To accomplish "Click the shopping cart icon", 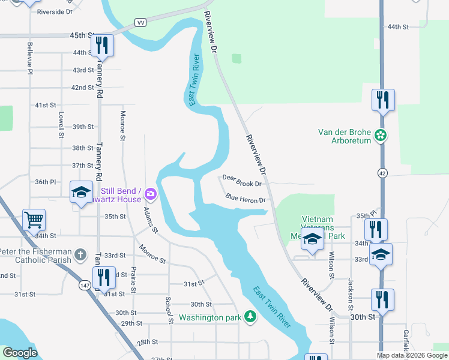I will click(x=34, y=219).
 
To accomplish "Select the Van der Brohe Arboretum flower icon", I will click(x=380, y=136).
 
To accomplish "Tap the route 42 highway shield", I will click(x=382, y=173).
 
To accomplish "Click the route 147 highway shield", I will click(x=86, y=286).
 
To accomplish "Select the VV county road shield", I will click(x=141, y=22).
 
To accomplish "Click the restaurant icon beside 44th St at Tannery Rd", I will click(x=102, y=46).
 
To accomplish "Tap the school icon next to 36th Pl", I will click(x=81, y=192).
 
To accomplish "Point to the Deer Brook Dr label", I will click(x=242, y=181).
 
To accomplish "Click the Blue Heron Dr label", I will click(x=246, y=197).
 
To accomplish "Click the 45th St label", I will click(x=82, y=36).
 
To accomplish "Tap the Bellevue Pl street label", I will click(x=29, y=58).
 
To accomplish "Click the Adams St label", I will click(x=150, y=221).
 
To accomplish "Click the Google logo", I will click(x=20, y=353).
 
